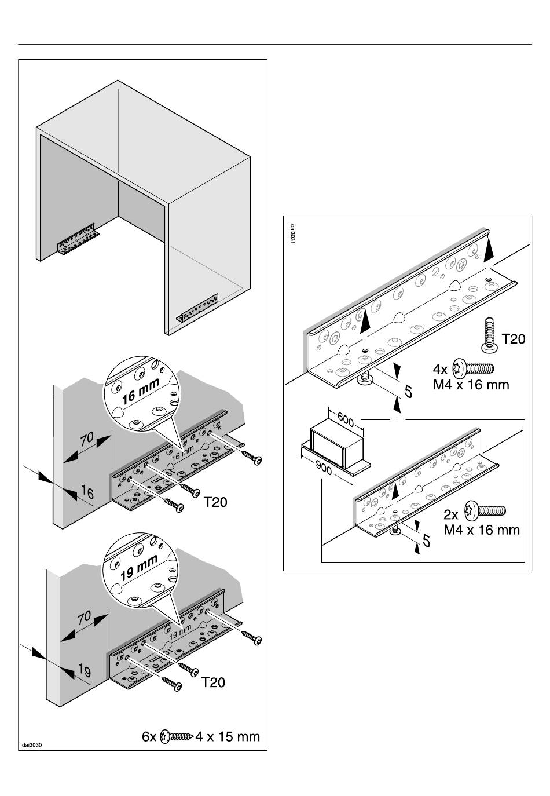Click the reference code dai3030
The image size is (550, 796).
[x=32, y=744]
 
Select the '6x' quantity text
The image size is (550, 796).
[x=149, y=737]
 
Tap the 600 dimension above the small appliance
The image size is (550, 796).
[x=345, y=419]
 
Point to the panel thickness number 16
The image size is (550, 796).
[x=87, y=493]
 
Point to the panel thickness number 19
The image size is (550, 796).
[x=84, y=672]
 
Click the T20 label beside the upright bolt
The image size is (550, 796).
[x=513, y=339]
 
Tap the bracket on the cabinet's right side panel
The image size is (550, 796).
[x=198, y=309]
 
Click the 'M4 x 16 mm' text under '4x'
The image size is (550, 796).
[x=471, y=384]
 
